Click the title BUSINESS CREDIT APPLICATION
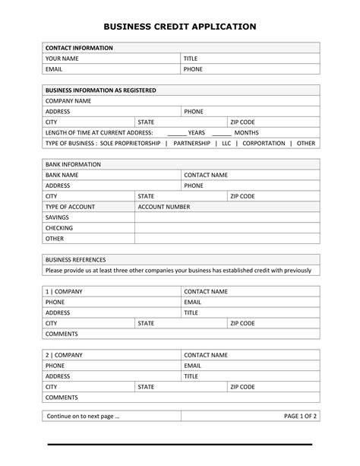pos(180,27)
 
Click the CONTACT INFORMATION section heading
pos(79,48)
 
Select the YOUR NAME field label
pos(63,59)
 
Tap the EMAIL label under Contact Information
pos(55,68)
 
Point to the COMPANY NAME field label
pos(68,100)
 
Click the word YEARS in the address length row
pos(197,132)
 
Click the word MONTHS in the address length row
pos(246,132)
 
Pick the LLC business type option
pos(226,143)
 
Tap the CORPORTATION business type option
pos(264,143)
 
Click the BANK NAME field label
pos(62,175)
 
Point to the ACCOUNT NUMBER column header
pos(164,207)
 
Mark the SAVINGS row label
pos(58,217)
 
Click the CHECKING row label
pos(59,228)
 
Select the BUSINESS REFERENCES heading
pos(75,259)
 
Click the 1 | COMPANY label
pos(64,291)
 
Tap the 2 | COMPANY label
pos(64,355)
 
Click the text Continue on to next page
pos(83,416)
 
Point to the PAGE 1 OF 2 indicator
pos(300,416)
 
